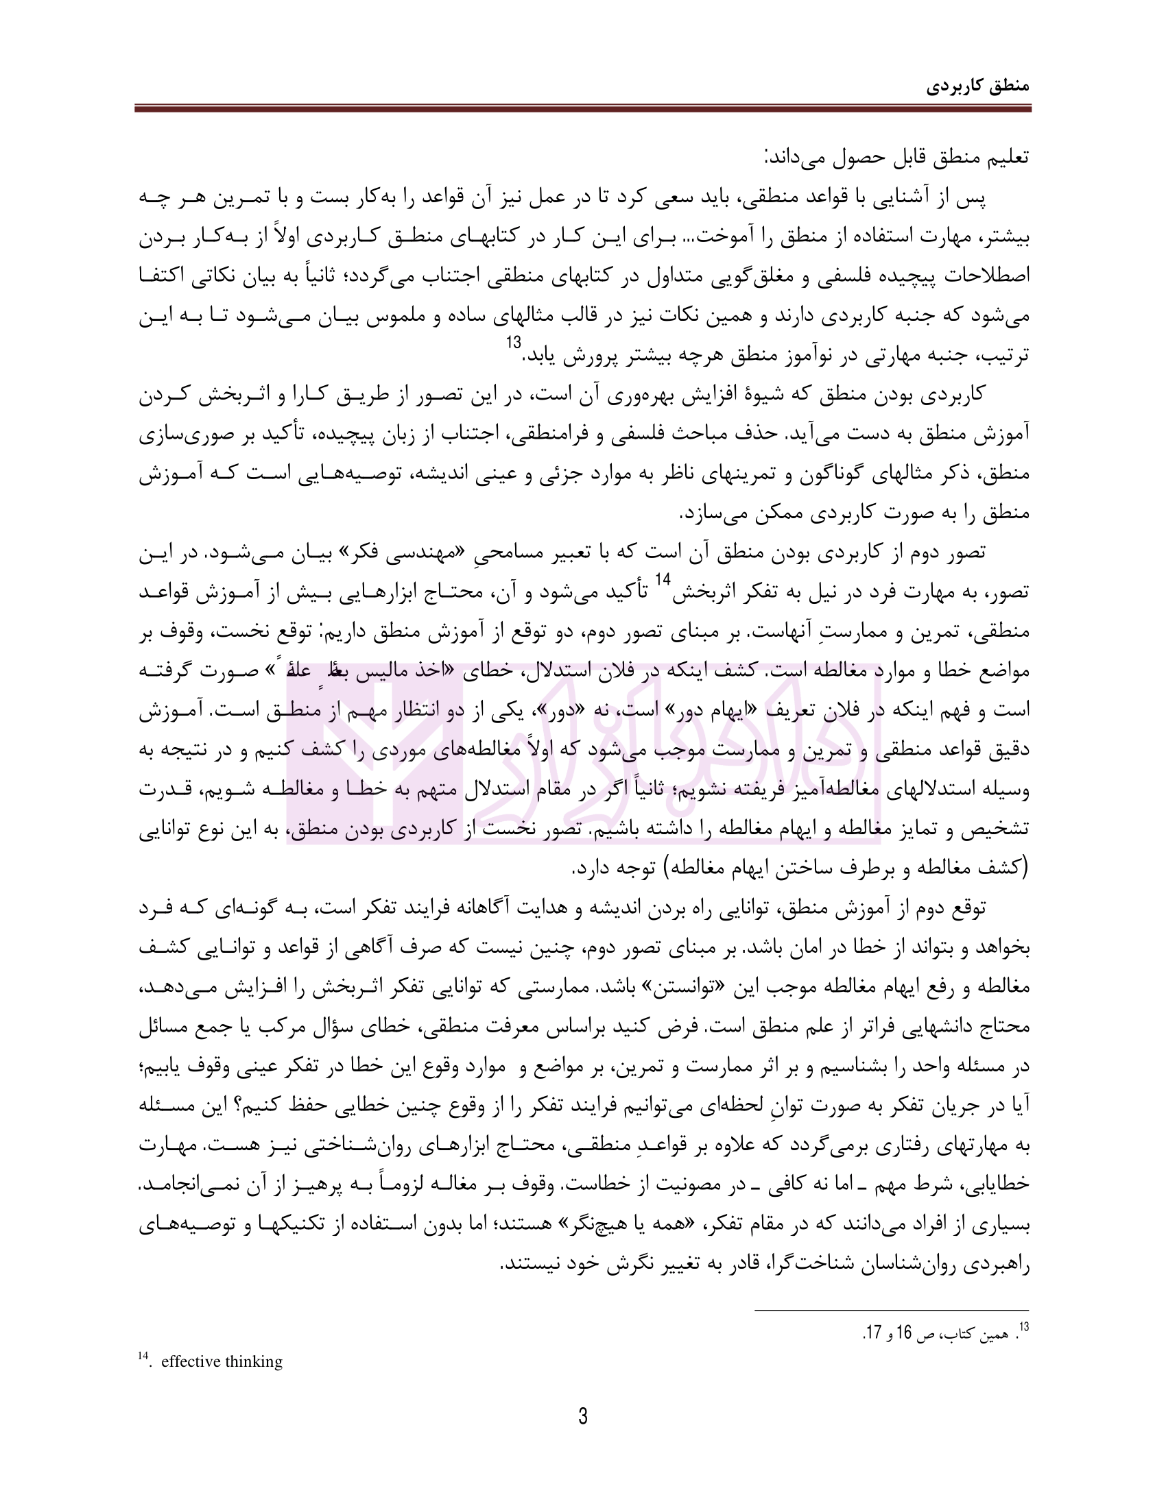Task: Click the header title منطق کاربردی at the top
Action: (x=977, y=87)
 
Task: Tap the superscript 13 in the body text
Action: (x=515, y=343)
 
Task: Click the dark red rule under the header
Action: (x=582, y=108)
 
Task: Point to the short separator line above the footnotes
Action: (x=891, y=1310)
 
